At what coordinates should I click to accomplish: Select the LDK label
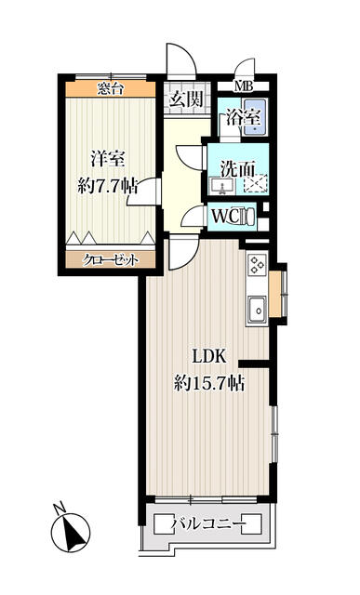pos(208,357)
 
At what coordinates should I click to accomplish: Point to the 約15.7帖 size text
pos(208,382)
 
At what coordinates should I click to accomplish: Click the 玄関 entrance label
pos(182,99)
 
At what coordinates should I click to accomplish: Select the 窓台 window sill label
pos(110,89)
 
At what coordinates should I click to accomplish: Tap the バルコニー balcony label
pos(210,525)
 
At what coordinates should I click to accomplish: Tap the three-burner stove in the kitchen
pos(257,270)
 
